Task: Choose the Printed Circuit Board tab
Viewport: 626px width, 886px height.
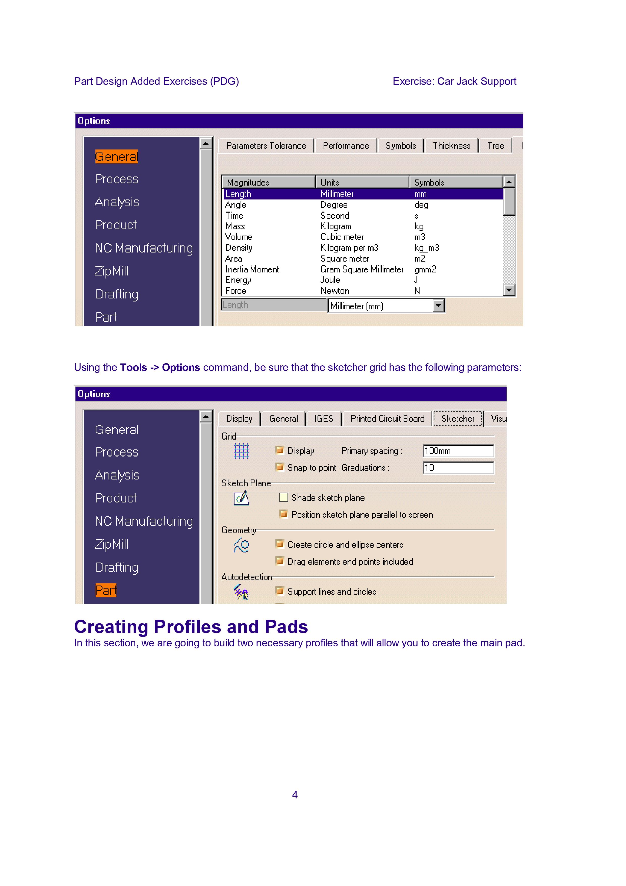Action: click(387, 419)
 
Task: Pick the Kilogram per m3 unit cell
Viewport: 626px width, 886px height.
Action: click(349, 248)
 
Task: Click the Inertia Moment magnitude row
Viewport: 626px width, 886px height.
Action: click(252, 269)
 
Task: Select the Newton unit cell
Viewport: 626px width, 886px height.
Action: click(335, 291)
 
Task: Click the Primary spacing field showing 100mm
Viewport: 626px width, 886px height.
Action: click(458, 451)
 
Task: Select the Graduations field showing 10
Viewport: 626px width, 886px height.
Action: click(458, 468)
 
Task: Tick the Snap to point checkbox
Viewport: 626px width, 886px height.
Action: click(280, 467)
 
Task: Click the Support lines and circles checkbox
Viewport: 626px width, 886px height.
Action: click(280, 591)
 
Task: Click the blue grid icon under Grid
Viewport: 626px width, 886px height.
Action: click(242, 451)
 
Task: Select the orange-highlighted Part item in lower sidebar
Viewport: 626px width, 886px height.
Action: click(106, 590)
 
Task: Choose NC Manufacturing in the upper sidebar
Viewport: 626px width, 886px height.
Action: click(144, 248)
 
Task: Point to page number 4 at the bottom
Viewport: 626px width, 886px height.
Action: click(295, 795)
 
